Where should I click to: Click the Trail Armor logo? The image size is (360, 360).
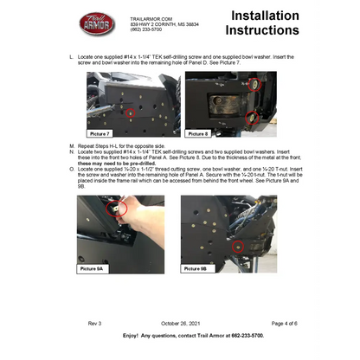(96, 23)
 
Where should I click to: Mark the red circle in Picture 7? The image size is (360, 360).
(131, 113)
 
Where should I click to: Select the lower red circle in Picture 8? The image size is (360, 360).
(252, 117)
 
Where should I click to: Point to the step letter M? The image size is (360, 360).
(70, 145)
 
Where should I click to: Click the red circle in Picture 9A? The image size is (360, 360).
(119, 208)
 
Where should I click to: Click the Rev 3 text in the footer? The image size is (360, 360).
(93, 322)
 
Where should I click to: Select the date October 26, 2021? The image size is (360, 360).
(180, 322)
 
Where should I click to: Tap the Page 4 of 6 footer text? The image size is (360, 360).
(260, 322)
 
